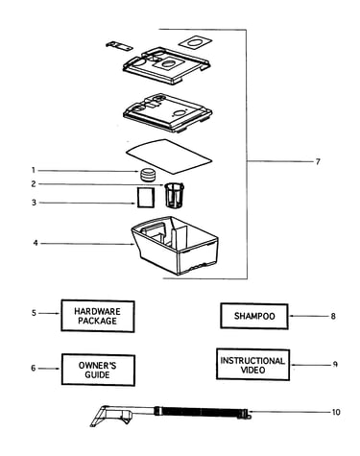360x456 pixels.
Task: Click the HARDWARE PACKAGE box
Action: click(98, 316)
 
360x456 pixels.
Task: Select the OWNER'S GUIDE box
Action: click(98, 370)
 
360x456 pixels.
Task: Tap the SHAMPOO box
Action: click(254, 316)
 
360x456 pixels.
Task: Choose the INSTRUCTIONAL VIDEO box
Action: click(252, 365)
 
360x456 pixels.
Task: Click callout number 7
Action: click(318, 161)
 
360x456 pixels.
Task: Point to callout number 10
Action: click(336, 412)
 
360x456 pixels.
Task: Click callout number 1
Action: click(34, 171)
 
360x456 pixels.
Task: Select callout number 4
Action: click(36, 243)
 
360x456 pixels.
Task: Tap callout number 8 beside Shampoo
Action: click(333, 316)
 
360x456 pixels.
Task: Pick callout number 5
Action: click(34, 313)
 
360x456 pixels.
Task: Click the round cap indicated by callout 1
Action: click(148, 174)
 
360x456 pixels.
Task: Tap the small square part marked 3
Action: click(146, 198)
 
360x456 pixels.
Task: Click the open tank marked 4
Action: click(175, 245)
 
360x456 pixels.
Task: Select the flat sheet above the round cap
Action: click(169, 156)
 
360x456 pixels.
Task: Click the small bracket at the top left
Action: click(119, 46)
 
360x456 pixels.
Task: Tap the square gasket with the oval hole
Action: click(195, 42)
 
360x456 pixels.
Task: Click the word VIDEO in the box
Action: click(252, 371)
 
